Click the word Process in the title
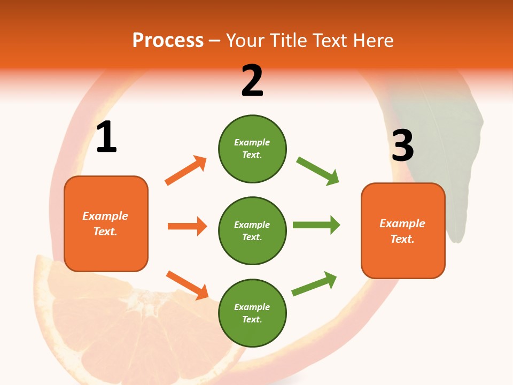click(168, 40)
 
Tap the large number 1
click(106, 137)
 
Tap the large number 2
click(252, 81)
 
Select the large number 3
click(402, 145)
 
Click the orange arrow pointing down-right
click(187, 285)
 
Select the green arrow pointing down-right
click(318, 171)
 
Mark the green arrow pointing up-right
click(314, 284)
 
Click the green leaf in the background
click(454, 160)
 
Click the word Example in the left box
click(105, 216)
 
